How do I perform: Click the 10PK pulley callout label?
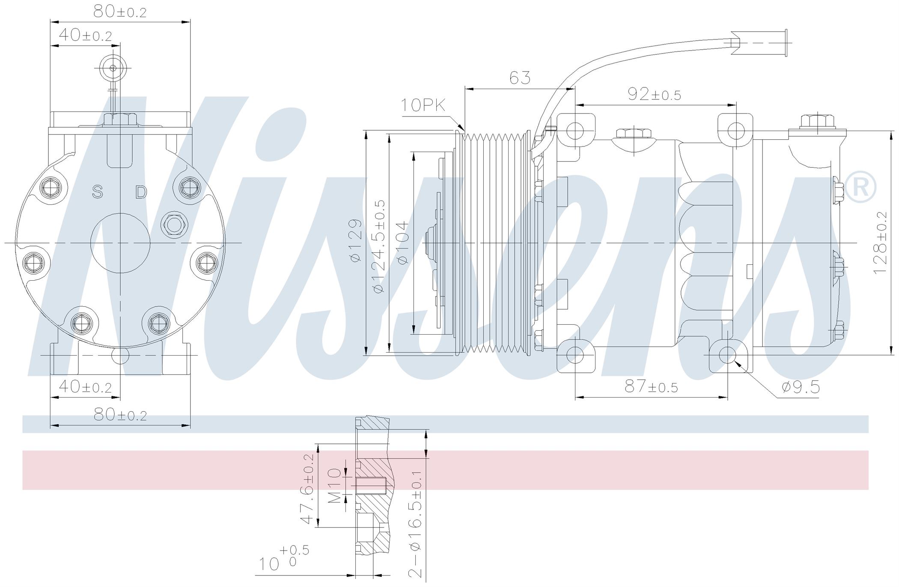tap(423, 105)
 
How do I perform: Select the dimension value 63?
tap(520, 78)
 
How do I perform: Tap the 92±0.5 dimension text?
tap(654, 94)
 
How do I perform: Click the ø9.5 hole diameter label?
tap(801, 387)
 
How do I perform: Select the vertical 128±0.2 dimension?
tap(881, 243)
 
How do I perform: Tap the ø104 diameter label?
tap(402, 243)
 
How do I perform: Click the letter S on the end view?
tap(98, 192)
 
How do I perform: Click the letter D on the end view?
tap(141, 192)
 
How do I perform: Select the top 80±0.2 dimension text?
tap(120, 12)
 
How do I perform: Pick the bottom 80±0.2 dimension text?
tap(120, 415)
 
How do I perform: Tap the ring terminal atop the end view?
tap(113, 68)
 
